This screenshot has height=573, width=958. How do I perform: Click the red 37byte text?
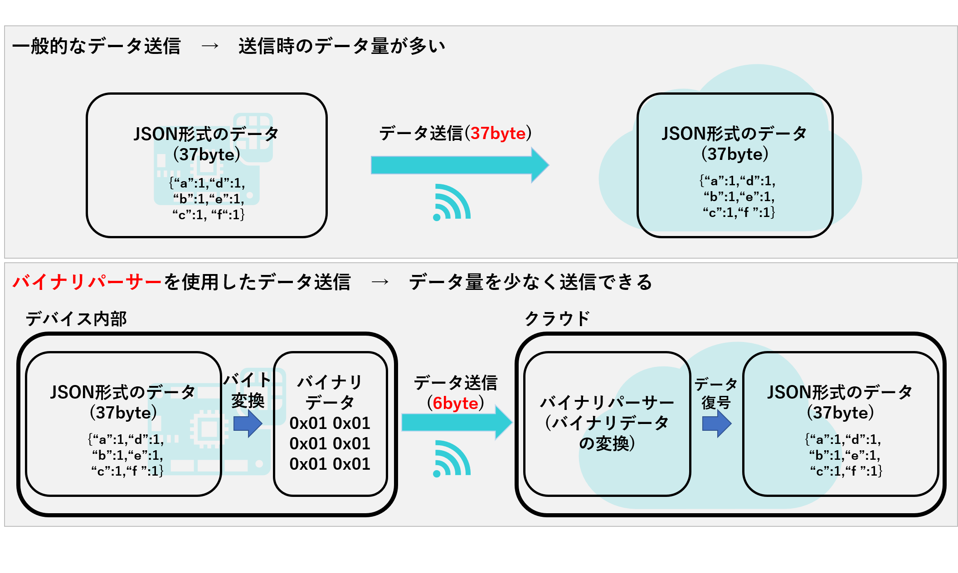498,133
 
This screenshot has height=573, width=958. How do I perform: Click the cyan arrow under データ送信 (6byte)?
456,423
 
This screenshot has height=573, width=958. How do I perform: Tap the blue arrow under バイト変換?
248,424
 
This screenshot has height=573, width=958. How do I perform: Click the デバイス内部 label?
76,319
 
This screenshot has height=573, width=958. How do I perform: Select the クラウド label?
557,319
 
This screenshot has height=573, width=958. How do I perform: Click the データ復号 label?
716,393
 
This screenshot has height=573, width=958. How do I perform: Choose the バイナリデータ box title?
330,392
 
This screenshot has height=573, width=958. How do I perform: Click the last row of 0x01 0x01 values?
330,464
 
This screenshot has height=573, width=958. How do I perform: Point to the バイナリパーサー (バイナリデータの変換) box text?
607,423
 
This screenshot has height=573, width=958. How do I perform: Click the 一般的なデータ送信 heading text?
97,46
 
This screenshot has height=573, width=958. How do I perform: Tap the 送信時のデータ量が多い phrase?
342,46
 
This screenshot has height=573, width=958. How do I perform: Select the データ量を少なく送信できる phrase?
530,282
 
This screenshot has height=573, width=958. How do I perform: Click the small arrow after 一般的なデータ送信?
210,46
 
